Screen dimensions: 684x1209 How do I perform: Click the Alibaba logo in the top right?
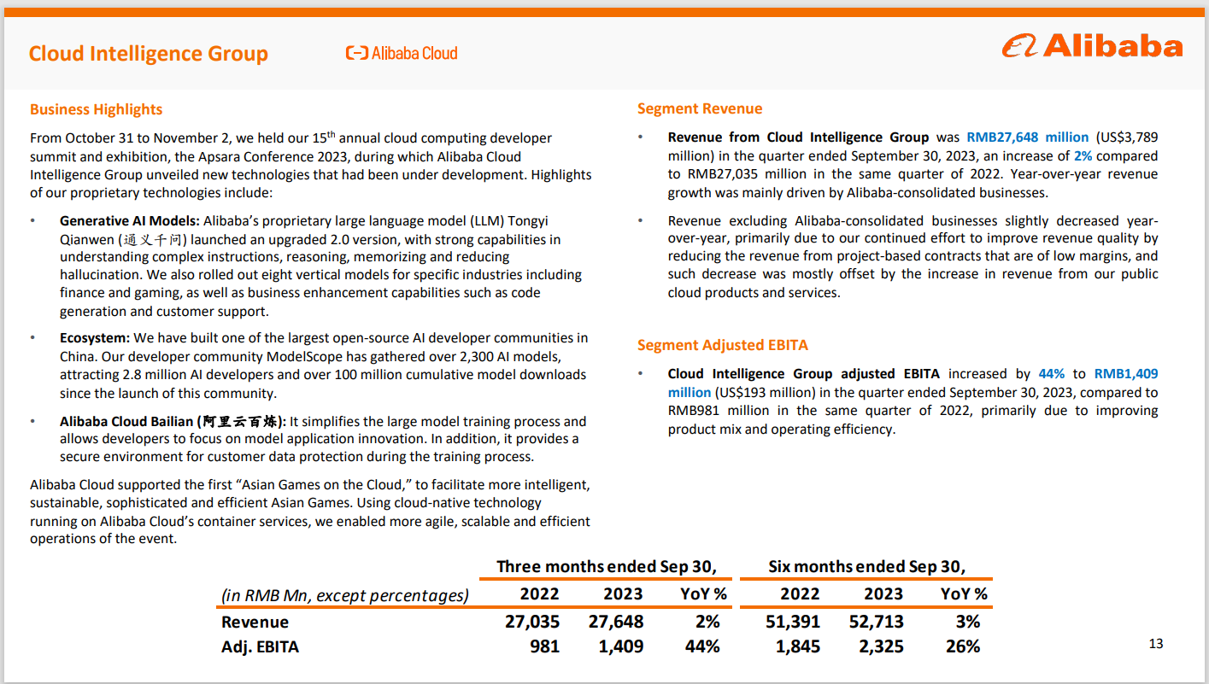click(x=1092, y=46)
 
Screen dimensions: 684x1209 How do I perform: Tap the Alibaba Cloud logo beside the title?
click(x=402, y=53)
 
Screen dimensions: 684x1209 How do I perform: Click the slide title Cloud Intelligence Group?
click(x=148, y=54)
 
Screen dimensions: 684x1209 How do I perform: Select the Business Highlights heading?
click(x=96, y=109)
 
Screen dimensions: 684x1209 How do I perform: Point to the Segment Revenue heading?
click(x=699, y=108)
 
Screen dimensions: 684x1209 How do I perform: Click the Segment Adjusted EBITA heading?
click(x=722, y=345)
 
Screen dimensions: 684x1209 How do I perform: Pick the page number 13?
click(x=1156, y=644)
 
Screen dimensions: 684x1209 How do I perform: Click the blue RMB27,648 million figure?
click(x=1027, y=137)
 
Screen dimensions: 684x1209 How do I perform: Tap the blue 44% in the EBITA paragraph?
click(x=1052, y=374)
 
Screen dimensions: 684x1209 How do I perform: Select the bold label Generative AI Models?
click(x=129, y=221)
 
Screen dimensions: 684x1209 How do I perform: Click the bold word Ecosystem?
click(x=95, y=338)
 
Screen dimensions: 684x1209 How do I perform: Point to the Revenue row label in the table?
click(x=255, y=622)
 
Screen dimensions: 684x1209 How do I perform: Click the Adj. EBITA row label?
click(x=260, y=646)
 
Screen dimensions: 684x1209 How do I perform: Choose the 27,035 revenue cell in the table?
click(x=531, y=622)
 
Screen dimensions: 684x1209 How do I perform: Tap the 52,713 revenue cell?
click(x=876, y=622)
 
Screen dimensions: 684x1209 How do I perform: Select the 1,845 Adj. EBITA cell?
click(x=797, y=646)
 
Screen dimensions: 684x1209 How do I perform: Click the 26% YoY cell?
click(x=962, y=646)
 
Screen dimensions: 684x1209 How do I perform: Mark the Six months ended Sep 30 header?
click(x=866, y=566)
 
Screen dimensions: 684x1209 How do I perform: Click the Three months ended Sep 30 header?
click(x=606, y=566)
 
